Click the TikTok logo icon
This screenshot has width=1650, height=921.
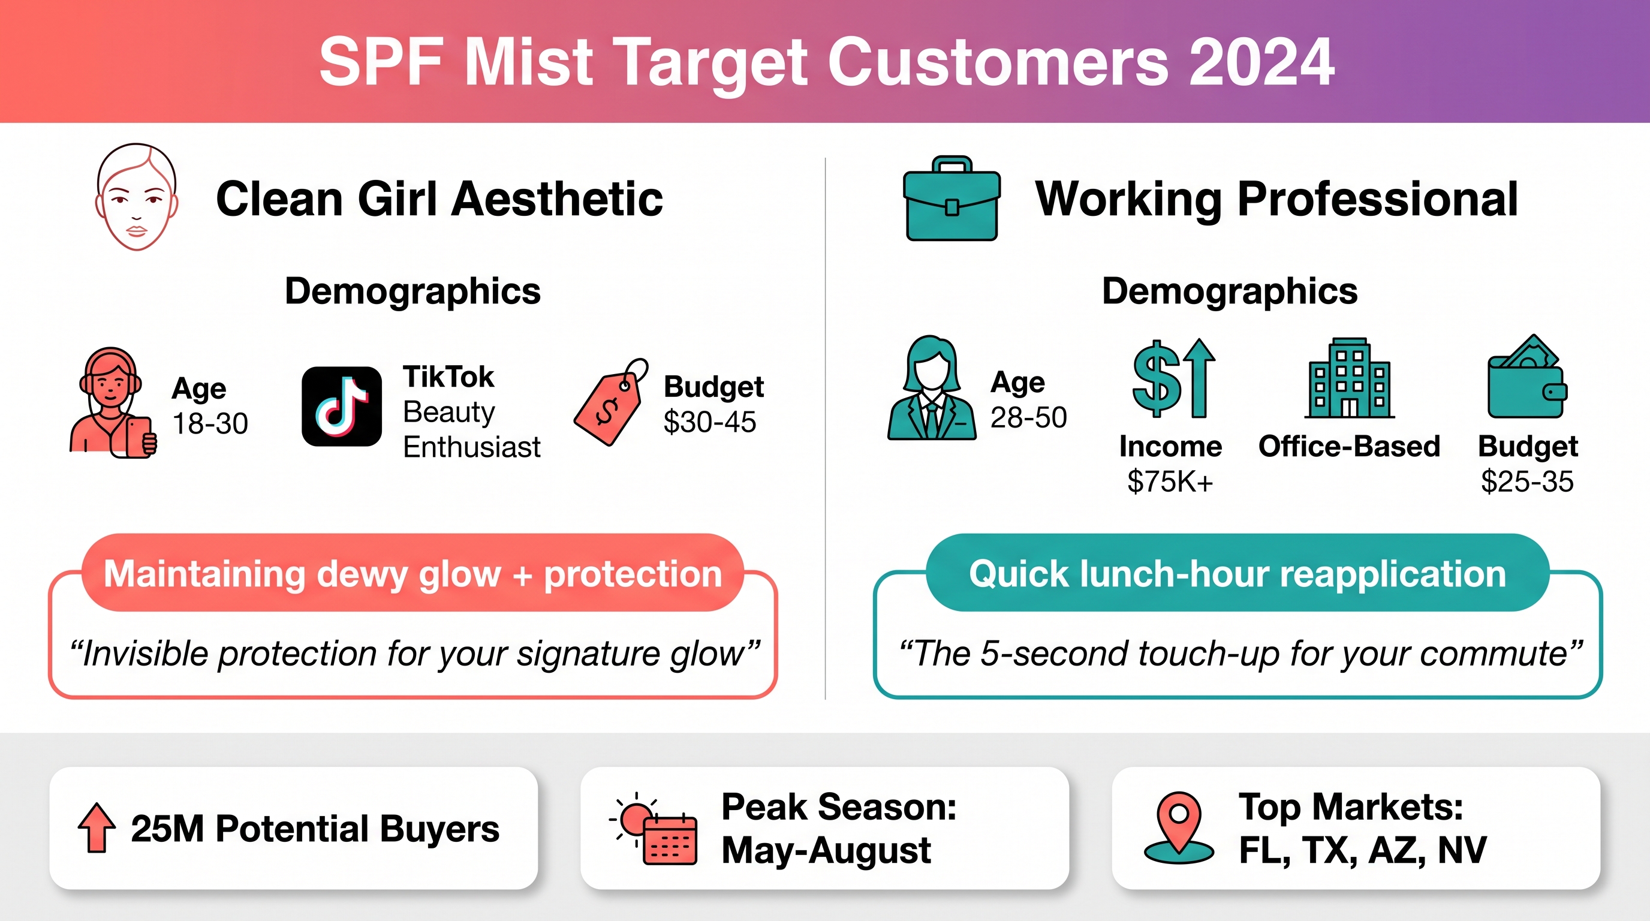(x=342, y=406)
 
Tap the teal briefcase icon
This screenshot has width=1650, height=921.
(x=952, y=198)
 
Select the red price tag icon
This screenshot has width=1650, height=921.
(x=610, y=402)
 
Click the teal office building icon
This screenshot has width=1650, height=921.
(x=1350, y=378)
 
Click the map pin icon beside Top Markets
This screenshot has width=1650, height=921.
(x=1179, y=828)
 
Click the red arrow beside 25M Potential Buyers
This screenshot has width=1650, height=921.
(x=97, y=827)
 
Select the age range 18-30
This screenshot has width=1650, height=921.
(x=210, y=423)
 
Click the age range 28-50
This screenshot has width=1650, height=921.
(x=1029, y=417)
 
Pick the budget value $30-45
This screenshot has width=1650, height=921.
(x=710, y=422)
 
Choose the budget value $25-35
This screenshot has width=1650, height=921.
(x=1527, y=481)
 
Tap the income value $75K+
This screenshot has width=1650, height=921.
(x=1170, y=481)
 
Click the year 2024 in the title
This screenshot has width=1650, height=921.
(x=1262, y=62)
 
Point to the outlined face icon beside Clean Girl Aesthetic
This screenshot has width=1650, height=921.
(x=137, y=197)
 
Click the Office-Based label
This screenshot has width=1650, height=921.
(x=1350, y=446)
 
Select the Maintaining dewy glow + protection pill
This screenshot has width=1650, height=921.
(x=412, y=573)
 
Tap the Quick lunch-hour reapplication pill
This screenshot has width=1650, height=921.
(x=1237, y=573)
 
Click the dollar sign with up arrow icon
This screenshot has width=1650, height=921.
(x=1173, y=378)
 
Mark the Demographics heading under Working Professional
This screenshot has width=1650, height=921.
(x=1230, y=291)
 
